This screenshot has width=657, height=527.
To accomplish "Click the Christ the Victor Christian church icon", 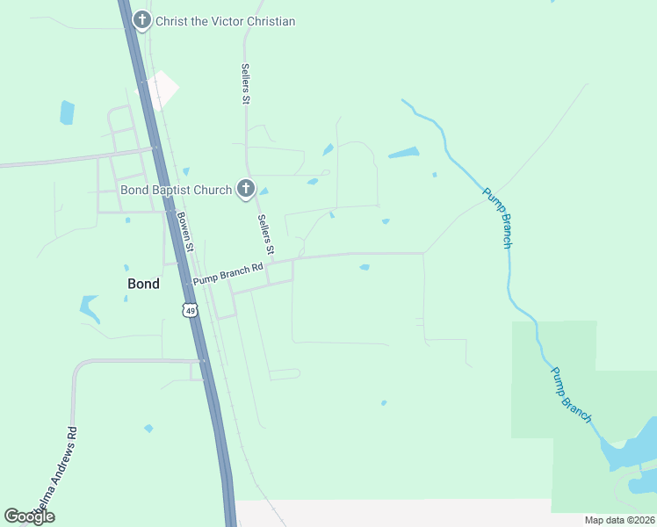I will tap(141, 20).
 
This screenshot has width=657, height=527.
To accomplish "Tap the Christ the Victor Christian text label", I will tap(226, 21).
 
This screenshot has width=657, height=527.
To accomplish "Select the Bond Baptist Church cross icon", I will tap(246, 190).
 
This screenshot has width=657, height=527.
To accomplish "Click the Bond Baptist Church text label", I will tap(176, 190).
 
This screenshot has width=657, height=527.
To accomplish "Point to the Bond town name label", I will tap(143, 284).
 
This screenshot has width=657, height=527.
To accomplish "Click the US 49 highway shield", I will tap(190, 309).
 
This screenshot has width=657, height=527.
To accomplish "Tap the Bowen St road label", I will tap(184, 232).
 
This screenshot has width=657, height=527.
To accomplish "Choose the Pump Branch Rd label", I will tap(228, 273).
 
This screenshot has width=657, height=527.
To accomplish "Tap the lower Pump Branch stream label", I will tap(571, 393).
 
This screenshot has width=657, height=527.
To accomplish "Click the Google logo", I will tap(29, 516).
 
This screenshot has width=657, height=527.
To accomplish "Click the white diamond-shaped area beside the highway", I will tap(161, 90).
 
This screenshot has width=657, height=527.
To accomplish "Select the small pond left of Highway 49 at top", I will tap(67, 112).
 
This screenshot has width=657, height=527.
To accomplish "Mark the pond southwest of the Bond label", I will tap(90, 307).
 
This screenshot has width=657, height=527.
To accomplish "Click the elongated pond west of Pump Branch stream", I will tap(404, 153).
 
